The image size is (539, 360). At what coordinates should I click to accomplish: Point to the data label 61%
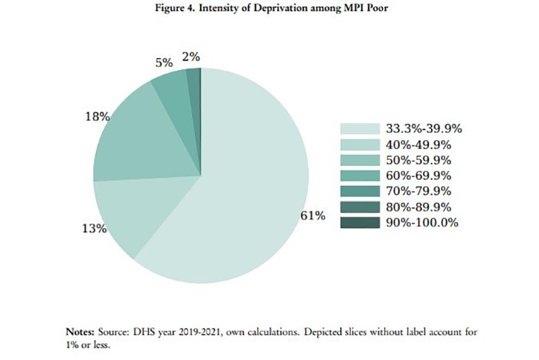click(x=314, y=215)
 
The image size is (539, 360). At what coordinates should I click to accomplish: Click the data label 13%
click(x=94, y=229)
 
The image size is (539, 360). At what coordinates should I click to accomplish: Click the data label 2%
click(x=190, y=56)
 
